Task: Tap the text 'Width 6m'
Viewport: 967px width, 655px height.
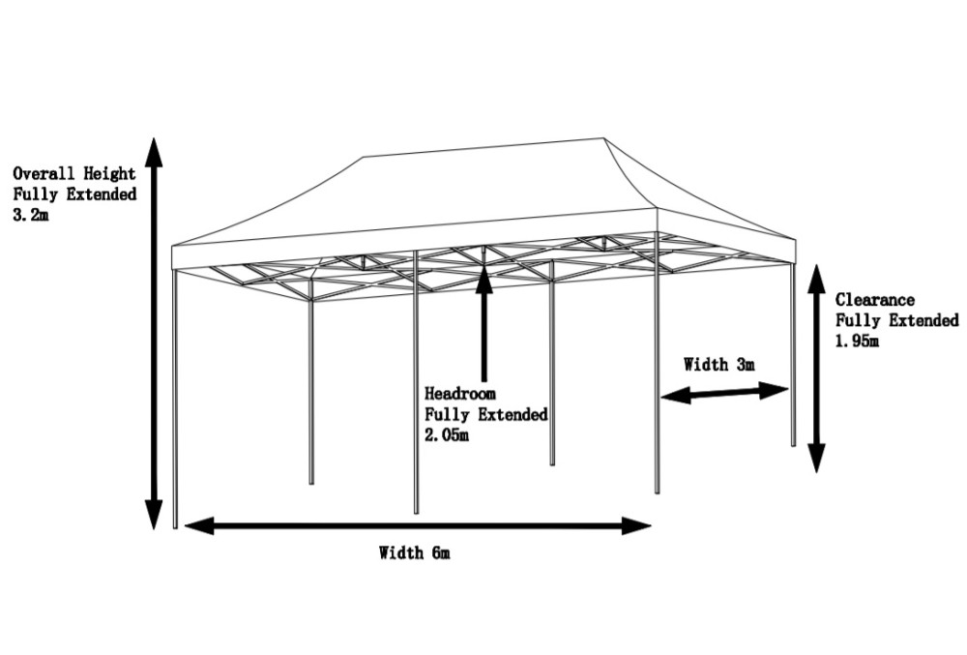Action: coord(414,553)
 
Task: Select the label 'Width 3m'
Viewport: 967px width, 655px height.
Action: coord(719,365)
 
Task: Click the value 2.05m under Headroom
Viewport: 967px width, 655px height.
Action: coord(447,435)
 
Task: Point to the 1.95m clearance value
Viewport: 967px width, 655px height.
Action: coord(858,341)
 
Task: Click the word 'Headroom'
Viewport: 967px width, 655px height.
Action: coord(460,394)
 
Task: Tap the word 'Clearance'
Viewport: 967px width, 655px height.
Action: coord(875,300)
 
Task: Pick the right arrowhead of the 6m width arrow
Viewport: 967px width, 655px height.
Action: coord(637,526)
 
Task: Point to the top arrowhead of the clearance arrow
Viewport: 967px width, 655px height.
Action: coord(816,277)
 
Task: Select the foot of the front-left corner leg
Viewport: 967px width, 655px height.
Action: coord(175,526)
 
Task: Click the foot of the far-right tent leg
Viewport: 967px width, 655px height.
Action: coord(794,444)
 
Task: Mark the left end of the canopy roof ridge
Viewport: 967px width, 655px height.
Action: coord(364,158)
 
